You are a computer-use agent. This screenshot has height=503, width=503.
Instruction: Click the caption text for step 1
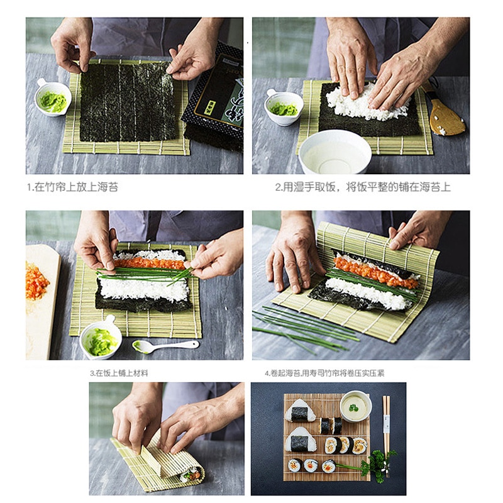click(72, 187)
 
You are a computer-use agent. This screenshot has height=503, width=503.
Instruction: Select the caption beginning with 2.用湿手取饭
click(363, 187)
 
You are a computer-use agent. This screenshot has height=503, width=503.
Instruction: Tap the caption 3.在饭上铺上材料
click(119, 373)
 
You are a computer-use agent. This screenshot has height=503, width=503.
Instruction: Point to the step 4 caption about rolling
click(324, 373)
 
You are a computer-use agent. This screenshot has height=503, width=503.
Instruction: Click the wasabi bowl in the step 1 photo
click(53, 97)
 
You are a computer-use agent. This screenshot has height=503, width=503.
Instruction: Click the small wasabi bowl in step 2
click(284, 107)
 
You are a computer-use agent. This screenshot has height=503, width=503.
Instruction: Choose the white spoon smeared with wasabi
click(165, 346)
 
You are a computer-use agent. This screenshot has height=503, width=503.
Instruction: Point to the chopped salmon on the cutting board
click(36, 281)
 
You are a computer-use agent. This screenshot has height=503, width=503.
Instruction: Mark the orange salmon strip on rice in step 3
click(149, 263)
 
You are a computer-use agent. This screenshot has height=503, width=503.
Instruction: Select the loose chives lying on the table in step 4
click(305, 328)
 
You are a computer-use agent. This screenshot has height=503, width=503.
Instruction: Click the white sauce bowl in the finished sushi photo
click(355, 406)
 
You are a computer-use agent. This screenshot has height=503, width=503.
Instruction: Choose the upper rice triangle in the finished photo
click(300, 411)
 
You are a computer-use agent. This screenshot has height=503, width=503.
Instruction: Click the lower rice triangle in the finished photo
click(301, 439)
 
